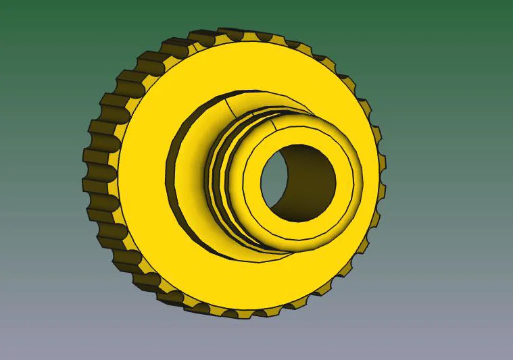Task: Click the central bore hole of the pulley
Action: tap(297, 181)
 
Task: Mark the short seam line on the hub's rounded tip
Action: tap(273, 123)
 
